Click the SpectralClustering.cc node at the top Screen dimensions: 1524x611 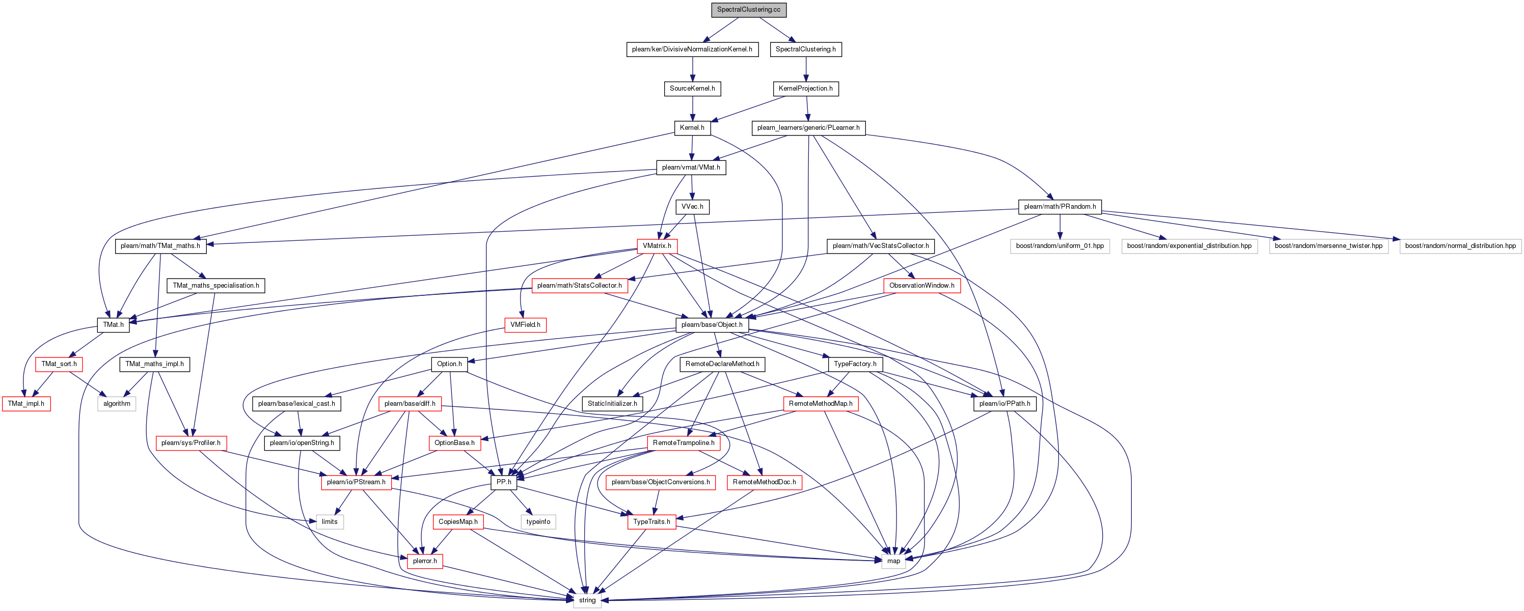(748, 10)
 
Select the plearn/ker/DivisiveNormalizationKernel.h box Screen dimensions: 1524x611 (692, 49)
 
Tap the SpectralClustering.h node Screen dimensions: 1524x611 (805, 49)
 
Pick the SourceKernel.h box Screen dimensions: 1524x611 (692, 89)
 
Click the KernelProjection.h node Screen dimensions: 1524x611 (805, 89)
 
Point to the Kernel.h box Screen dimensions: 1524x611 (692, 128)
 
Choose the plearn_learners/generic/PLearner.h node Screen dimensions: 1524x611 (808, 128)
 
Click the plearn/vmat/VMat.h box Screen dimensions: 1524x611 (691, 168)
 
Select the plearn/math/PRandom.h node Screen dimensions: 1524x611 (1059, 206)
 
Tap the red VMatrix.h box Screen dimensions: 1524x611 (657, 246)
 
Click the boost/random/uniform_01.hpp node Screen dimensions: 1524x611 (1059, 246)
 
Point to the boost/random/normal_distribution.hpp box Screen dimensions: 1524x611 (1460, 246)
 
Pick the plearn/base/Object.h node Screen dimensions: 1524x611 (712, 325)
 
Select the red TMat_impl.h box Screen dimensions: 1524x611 (26, 403)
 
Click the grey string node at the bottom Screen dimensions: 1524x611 (587, 600)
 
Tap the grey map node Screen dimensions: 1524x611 (893, 561)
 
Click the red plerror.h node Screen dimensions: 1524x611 (425, 561)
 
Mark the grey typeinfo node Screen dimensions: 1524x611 (538, 522)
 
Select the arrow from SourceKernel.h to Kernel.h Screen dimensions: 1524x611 (692, 108)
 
